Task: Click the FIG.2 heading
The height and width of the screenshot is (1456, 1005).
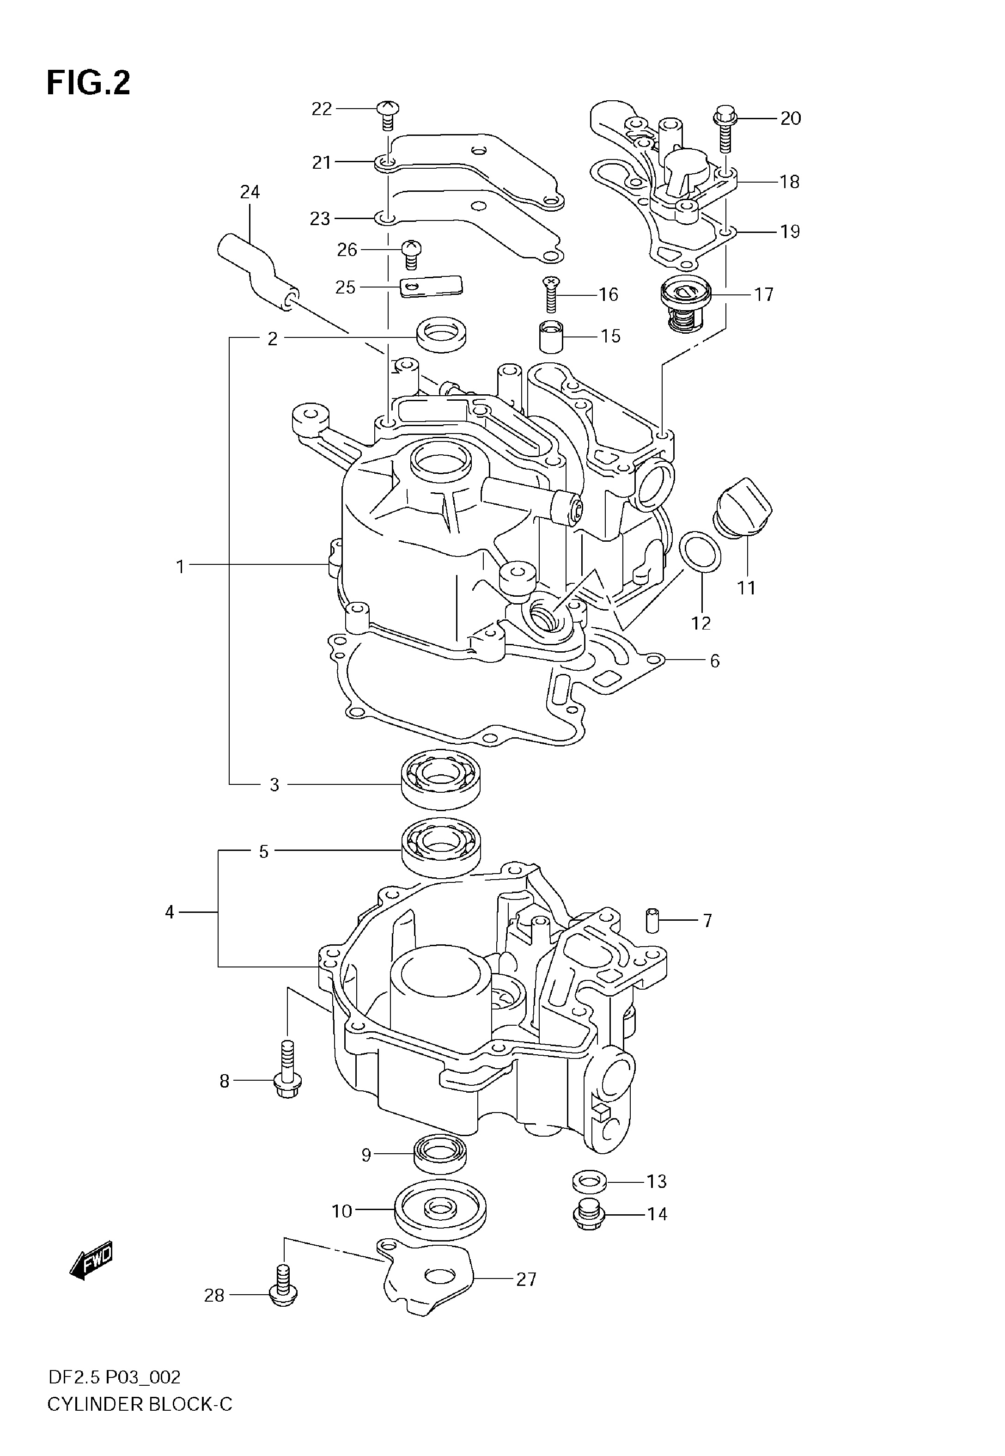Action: click(x=88, y=83)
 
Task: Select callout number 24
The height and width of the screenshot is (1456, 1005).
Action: click(x=250, y=191)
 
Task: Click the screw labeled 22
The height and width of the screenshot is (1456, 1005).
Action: click(x=388, y=116)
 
